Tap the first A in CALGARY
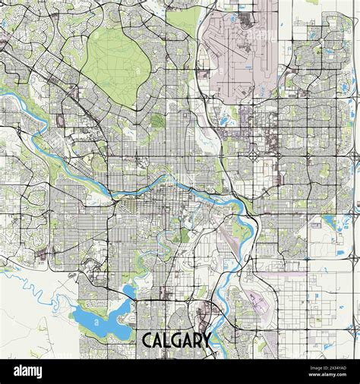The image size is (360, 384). click(159, 339)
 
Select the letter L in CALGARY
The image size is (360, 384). click(169, 339)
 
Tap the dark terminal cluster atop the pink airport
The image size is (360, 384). click(245, 19)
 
